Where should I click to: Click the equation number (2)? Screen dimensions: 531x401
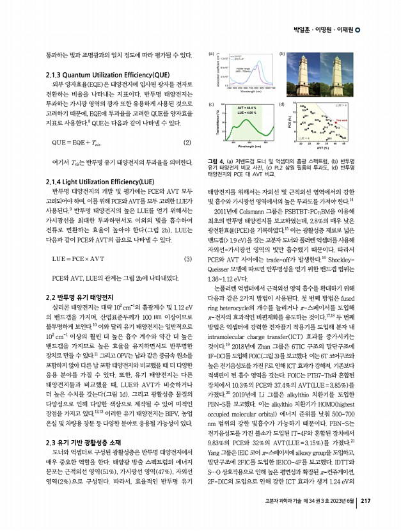(x=187, y=142)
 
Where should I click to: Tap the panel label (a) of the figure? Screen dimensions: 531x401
(x=212, y=56)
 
